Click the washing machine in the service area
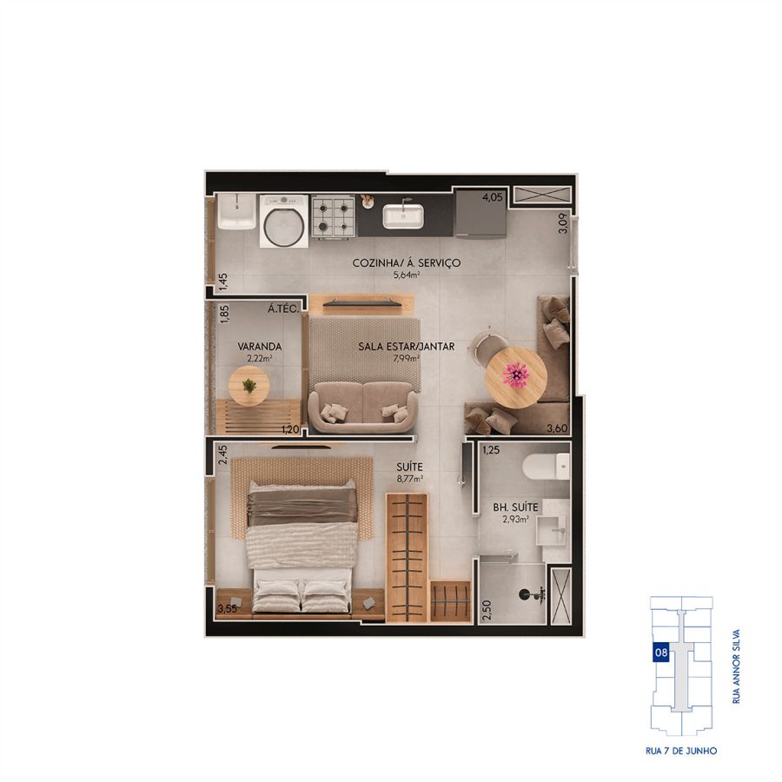(284, 221)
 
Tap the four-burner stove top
(333, 216)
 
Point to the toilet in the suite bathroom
(547, 467)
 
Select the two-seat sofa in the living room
(362, 407)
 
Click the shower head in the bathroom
(531, 594)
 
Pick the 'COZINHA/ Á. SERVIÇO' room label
(407, 262)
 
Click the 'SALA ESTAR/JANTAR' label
(407, 346)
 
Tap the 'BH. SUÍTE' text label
(515, 507)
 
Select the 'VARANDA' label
(259, 346)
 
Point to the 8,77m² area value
(410, 479)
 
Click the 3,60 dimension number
(557, 427)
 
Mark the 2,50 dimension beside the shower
(487, 609)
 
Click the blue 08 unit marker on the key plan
(661, 653)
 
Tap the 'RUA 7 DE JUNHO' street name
(681, 751)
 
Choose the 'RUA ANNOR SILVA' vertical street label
(736, 666)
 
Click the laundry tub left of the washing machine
(236, 211)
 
